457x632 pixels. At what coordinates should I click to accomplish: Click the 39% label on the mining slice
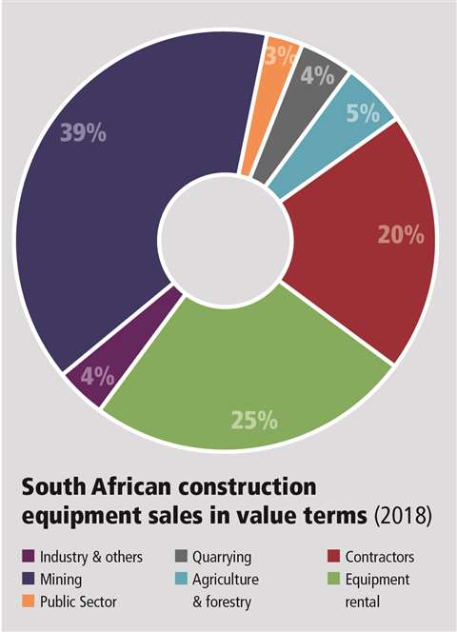coord(85,133)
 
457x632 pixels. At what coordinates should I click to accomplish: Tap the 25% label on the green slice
coord(254,418)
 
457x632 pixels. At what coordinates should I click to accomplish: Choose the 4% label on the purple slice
coord(96,375)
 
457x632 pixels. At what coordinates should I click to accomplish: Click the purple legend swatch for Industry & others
coord(29,557)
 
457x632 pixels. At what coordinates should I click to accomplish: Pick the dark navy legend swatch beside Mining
coord(29,578)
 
